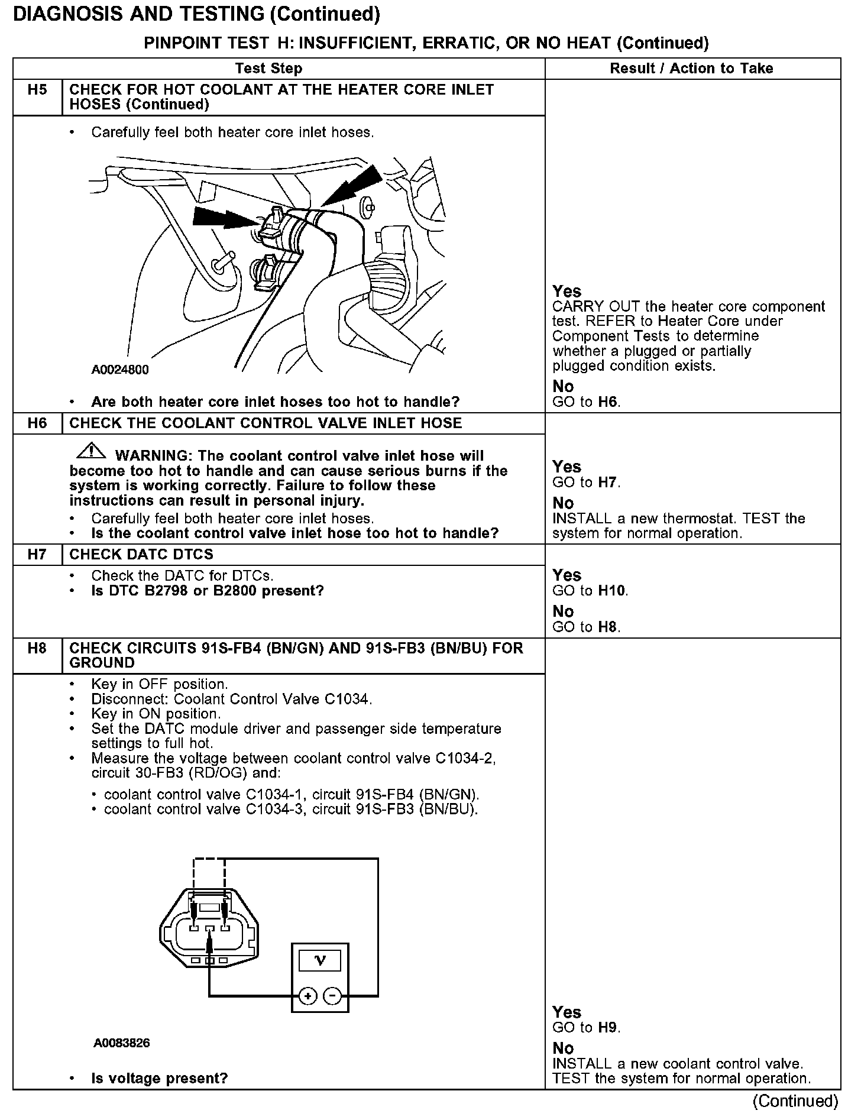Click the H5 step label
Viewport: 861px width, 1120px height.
click(37, 90)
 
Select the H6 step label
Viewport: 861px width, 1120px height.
click(37, 423)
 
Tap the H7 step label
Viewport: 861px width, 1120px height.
click(37, 555)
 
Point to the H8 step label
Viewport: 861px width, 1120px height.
click(37, 649)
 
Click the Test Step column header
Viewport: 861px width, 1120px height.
click(268, 69)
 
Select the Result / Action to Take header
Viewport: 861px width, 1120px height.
click(691, 69)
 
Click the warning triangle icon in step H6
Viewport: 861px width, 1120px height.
click(90, 452)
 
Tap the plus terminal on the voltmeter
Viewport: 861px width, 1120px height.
click(307, 996)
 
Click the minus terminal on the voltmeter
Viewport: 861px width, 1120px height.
click(332, 996)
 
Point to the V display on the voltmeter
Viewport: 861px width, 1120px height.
click(320, 961)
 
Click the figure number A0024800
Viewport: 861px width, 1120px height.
click(120, 370)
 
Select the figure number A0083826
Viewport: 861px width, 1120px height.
click(121, 1043)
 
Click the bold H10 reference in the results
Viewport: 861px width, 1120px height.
click(612, 591)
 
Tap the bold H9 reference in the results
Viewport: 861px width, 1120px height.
click(608, 1028)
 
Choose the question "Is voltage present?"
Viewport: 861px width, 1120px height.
click(159, 1079)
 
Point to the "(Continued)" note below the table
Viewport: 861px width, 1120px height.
click(795, 1101)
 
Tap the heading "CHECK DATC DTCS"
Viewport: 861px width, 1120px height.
click(141, 555)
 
